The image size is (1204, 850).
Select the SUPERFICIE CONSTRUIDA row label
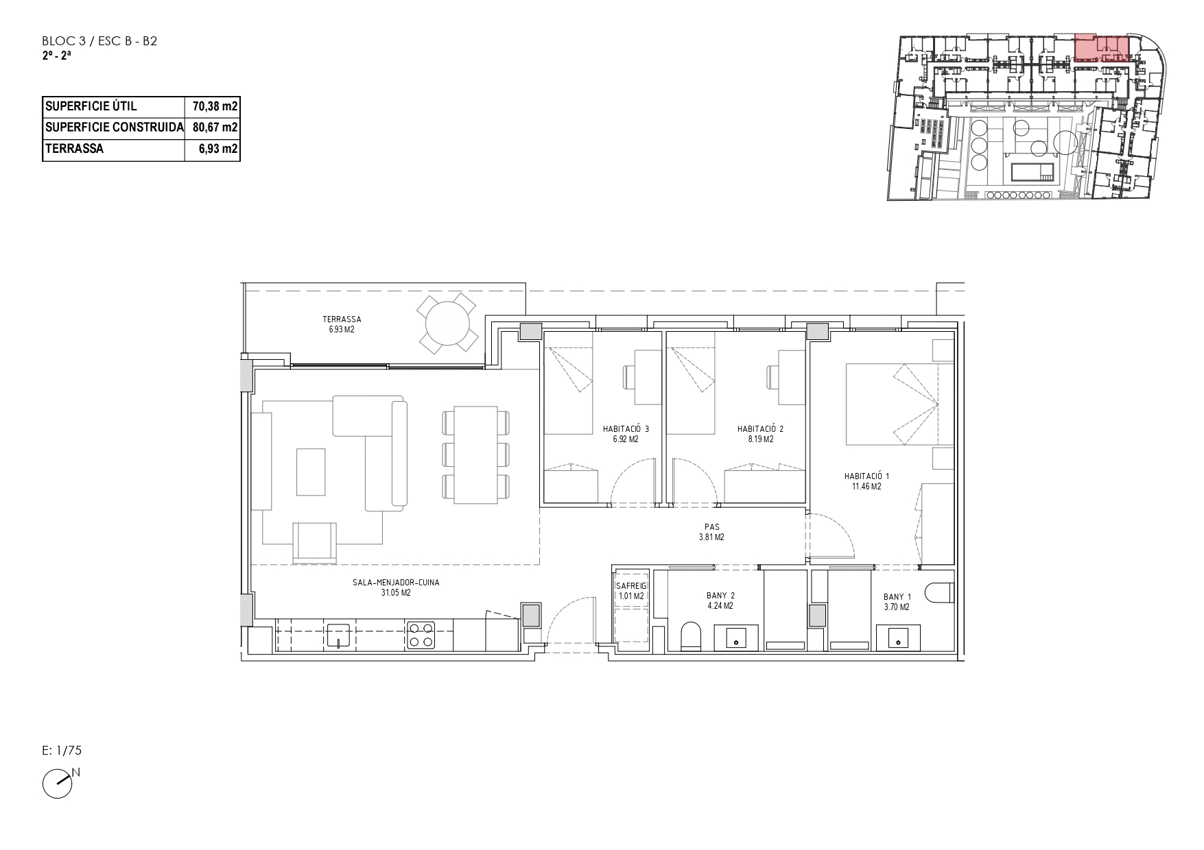114,127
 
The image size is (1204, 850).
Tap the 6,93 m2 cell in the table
217,149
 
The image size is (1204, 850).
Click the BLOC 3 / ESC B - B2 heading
99,41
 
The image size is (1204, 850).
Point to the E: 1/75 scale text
62,751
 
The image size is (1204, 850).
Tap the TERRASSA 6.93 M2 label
342,324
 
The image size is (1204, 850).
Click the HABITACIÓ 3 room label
626,434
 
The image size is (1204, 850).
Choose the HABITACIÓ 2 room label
760,434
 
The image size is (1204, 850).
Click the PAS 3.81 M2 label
711,533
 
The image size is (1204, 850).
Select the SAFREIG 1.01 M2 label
631,591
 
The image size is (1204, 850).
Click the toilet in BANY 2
692,635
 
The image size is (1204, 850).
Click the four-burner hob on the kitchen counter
421,635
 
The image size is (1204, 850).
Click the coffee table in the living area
311,472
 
